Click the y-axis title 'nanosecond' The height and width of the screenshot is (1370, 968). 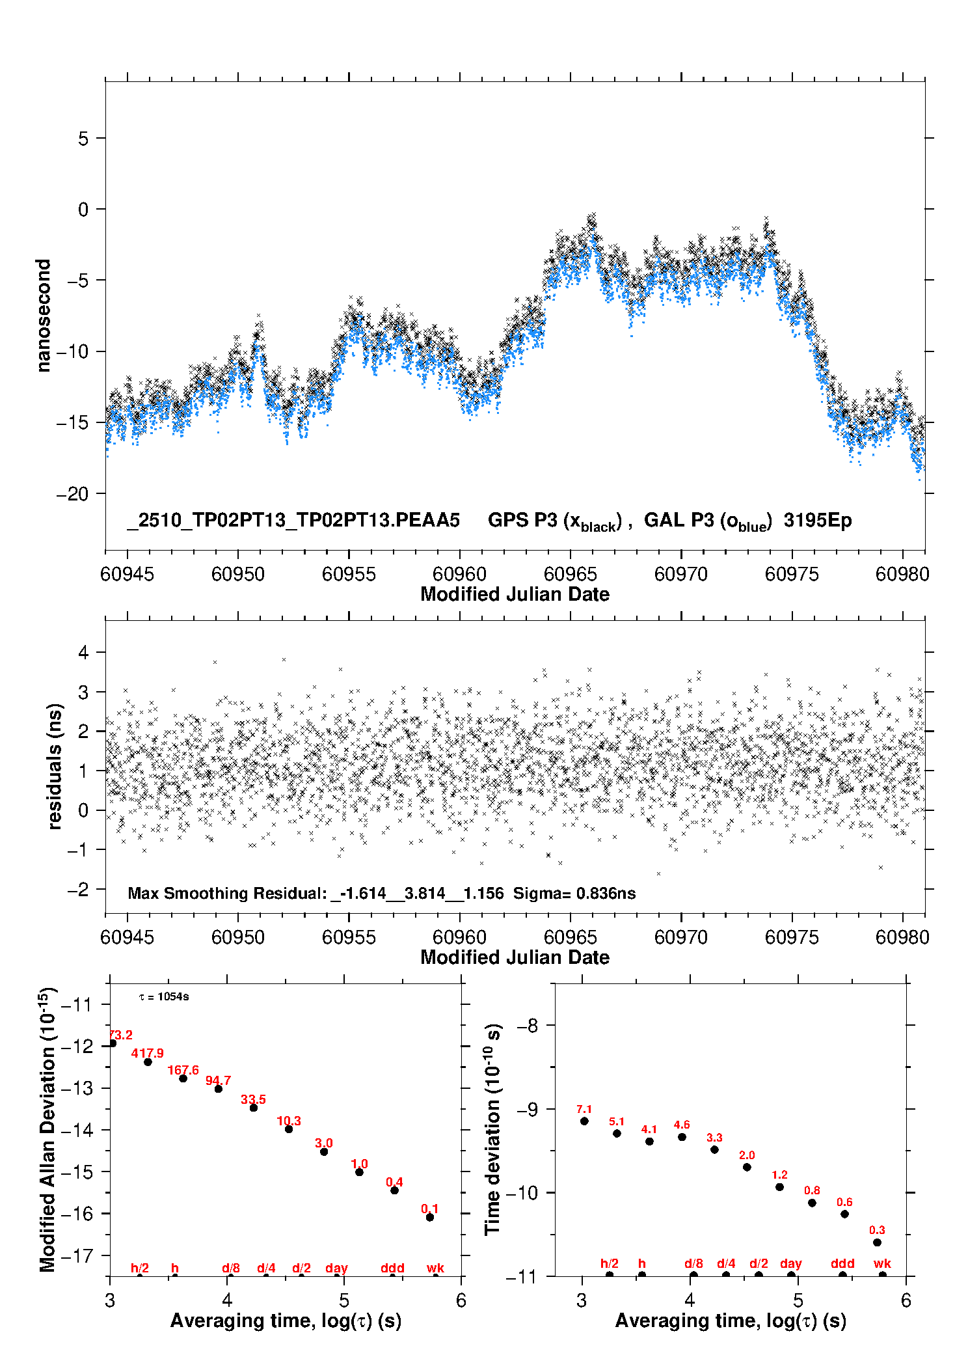43,316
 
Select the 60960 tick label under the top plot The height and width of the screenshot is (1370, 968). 459,574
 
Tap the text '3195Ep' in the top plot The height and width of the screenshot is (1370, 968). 817,520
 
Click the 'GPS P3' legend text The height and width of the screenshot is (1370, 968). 522,520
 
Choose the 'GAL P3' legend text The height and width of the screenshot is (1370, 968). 679,520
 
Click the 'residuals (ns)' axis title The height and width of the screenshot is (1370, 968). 55,766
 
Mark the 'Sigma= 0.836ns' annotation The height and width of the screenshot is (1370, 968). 574,893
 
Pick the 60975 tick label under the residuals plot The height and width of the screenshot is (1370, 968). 792,937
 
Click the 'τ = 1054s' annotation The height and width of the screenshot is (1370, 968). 164,997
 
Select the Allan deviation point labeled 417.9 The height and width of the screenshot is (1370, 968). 148,1062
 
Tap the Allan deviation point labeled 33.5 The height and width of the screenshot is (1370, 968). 254,1108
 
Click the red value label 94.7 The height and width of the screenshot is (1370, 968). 218,1081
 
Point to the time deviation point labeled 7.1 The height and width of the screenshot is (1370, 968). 584,1121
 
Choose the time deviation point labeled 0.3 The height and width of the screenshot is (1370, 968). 877,1242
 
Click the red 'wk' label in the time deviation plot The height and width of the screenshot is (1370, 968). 882,1264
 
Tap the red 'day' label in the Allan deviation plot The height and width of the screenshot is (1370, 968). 336,1268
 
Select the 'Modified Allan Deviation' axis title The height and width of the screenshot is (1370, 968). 47,1130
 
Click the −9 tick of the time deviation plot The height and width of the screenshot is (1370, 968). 528,1109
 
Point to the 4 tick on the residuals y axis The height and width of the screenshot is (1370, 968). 83,652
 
